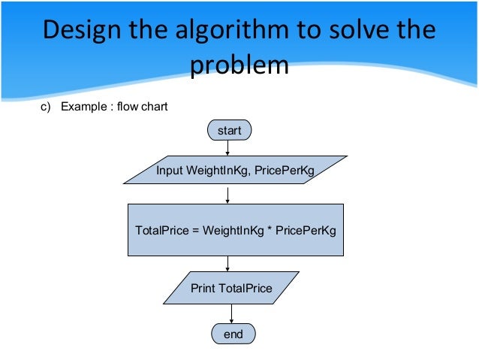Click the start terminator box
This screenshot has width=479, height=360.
click(229, 131)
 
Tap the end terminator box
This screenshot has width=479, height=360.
click(233, 334)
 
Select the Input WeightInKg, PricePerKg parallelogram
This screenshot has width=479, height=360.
click(235, 171)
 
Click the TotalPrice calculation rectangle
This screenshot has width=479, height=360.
click(235, 229)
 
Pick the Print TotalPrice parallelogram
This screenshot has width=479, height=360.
click(231, 288)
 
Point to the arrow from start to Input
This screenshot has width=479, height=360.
click(227, 148)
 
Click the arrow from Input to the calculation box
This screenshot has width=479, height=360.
click(227, 194)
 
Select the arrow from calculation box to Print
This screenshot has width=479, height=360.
click(227, 263)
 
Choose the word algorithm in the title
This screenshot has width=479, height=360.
click(234, 32)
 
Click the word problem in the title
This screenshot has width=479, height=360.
click(239, 65)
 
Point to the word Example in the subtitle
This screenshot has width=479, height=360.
click(84, 107)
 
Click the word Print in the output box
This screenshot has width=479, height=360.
click(203, 288)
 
